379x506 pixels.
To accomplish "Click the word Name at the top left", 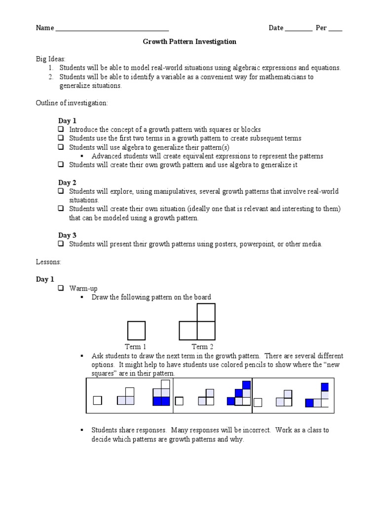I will pyautogui.click(x=45, y=28).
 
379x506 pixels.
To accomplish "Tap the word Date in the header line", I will pyautogui.click(x=276, y=28).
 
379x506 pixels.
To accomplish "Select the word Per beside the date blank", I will pyautogui.click(x=321, y=28).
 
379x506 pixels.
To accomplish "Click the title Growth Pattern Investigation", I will pyautogui.click(x=189, y=42).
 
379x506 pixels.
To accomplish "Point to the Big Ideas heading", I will pyautogui.click(x=50, y=58).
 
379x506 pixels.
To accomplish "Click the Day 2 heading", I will pyautogui.click(x=67, y=182).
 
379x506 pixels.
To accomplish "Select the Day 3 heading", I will pyautogui.click(x=67, y=235).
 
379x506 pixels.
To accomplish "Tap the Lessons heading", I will pyautogui.click(x=48, y=261).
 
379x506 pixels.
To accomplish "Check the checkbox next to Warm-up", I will pyautogui.click(x=61, y=288).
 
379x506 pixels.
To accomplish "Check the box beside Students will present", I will pyautogui.click(x=61, y=244).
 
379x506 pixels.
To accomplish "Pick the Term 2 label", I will pyautogui.click(x=202, y=347).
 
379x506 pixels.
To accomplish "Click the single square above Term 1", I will pyautogui.click(x=136, y=331).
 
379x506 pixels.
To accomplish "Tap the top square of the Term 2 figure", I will pyautogui.click(x=206, y=312).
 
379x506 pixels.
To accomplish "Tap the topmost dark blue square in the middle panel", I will pyautogui.click(x=246, y=385).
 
